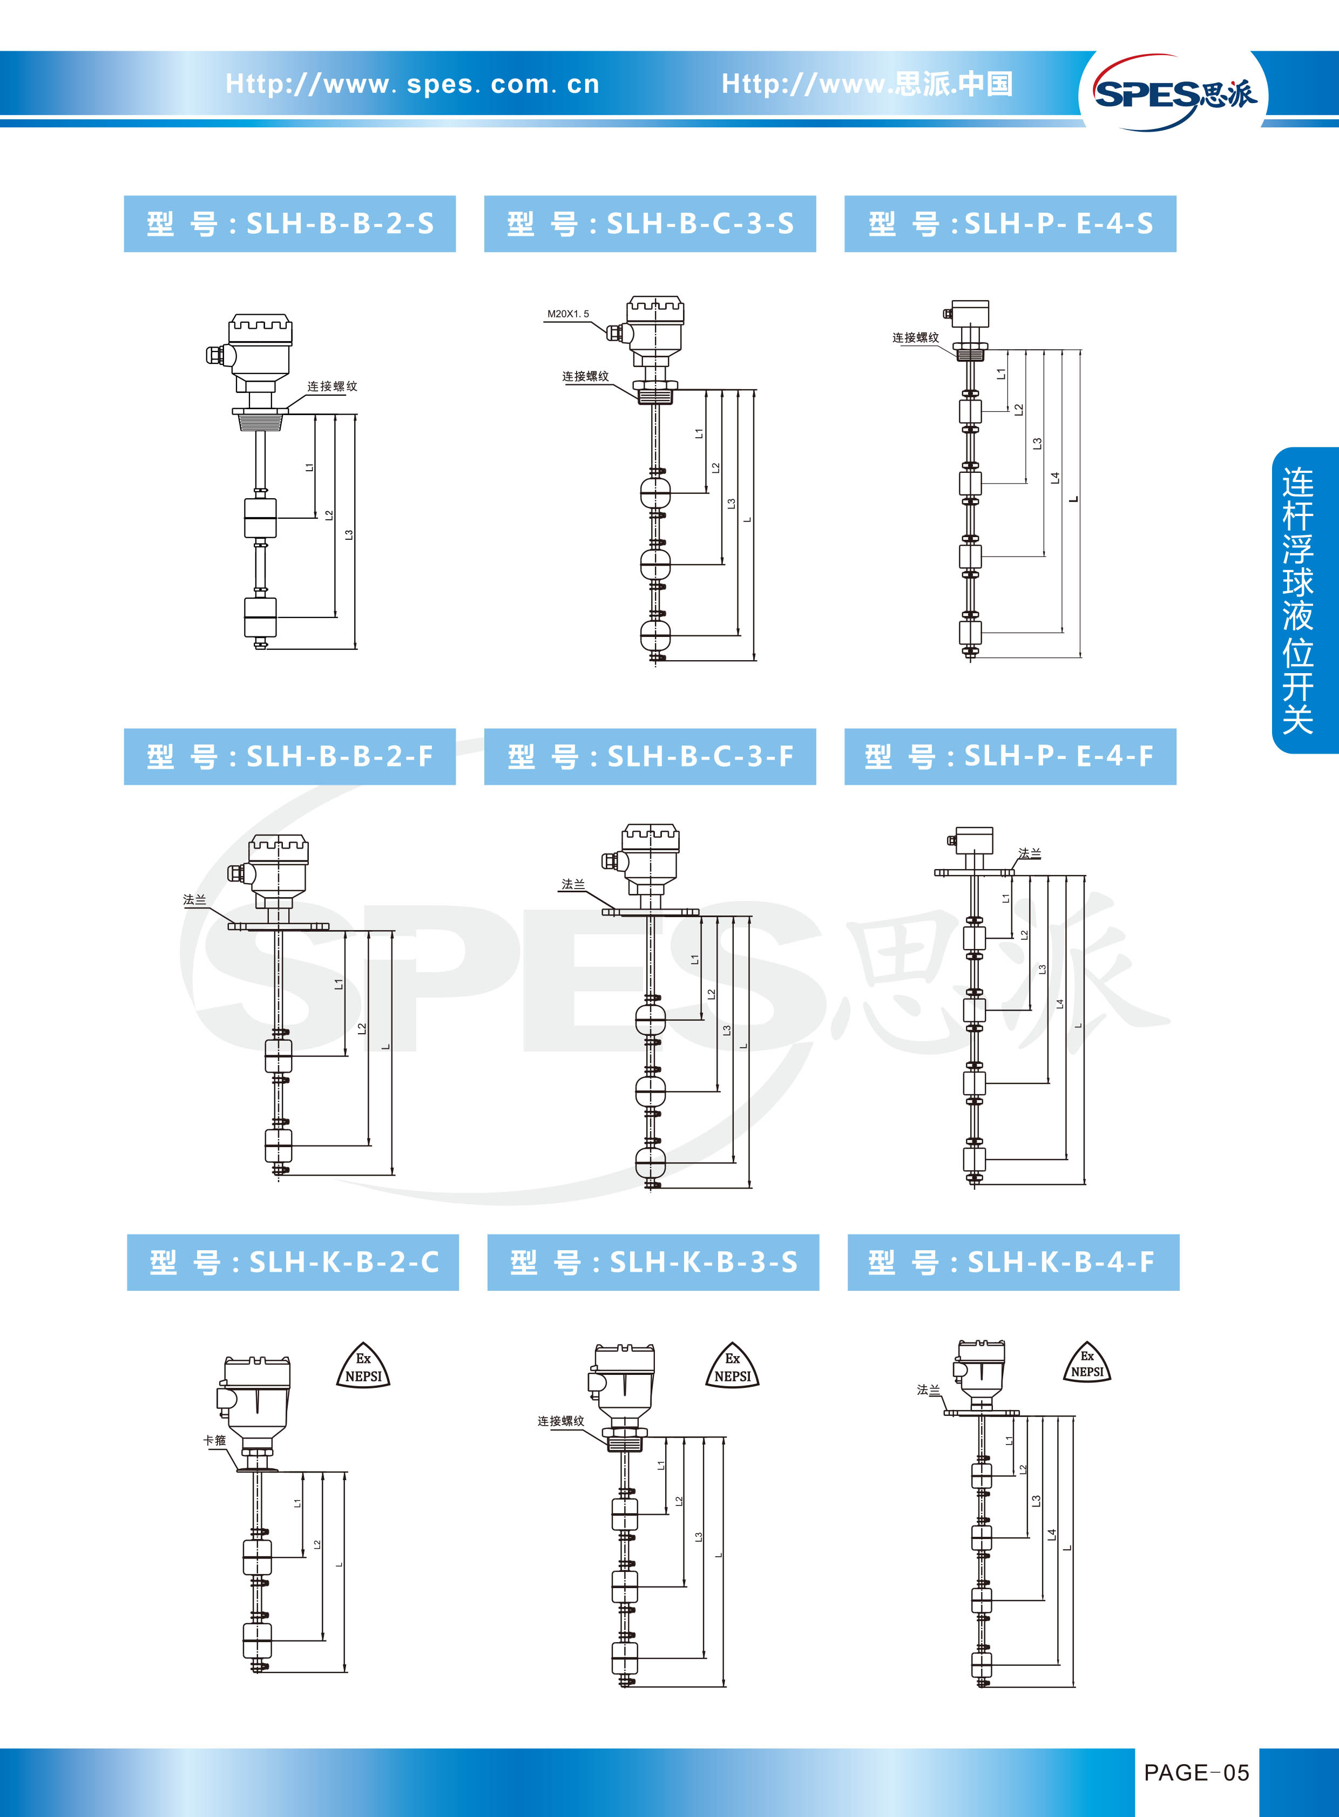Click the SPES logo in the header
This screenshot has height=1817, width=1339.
1174,92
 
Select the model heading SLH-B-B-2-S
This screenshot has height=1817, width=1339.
289,223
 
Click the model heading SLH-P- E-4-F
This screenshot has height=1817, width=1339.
1010,756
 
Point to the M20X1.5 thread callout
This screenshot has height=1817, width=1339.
568,314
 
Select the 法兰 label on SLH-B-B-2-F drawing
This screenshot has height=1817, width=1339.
194,899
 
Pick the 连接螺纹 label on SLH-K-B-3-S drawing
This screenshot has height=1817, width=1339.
561,1421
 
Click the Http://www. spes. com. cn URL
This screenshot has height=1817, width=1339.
412,84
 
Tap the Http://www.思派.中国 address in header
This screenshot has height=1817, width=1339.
867,84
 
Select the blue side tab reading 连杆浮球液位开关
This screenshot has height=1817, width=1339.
1303,600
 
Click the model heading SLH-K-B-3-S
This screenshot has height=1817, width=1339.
653,1262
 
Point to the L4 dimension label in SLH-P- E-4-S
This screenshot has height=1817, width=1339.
1054,478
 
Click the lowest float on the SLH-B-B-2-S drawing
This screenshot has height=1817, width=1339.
260,617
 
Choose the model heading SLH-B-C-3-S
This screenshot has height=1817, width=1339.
650,223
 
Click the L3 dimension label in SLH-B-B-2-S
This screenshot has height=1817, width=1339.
349,535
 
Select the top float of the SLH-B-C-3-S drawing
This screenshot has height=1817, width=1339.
655,492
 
